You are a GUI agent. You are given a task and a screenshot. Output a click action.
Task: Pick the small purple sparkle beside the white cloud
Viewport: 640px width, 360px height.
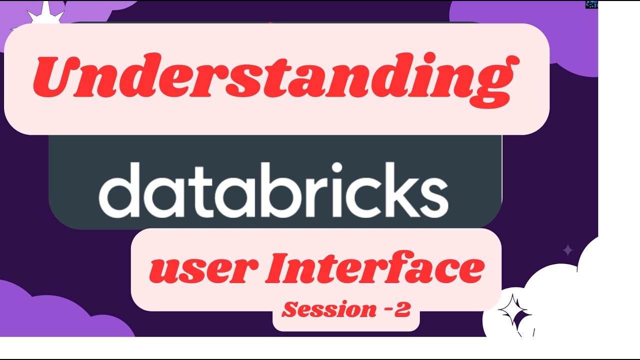click(x=567, y=249)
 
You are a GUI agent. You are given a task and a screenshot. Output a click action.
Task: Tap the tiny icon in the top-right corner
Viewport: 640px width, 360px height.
click(x=591, y=4)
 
